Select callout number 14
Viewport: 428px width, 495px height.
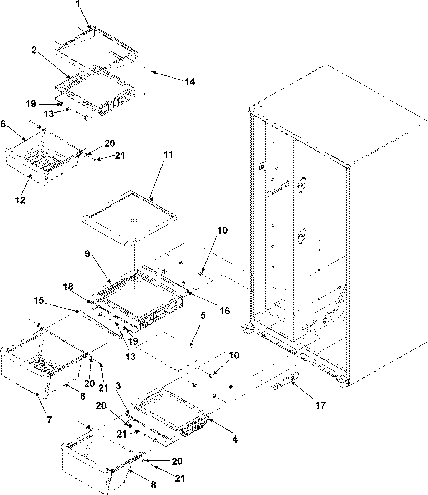tap(190, 82)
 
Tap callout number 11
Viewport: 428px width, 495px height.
tap(168, 155)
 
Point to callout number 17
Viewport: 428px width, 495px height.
tap(320, 405)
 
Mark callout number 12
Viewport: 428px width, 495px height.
tap(20, 200)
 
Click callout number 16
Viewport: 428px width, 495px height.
tap(225, 310)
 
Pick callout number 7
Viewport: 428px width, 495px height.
tap(49, 420)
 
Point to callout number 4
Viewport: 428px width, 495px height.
tap(235, 440)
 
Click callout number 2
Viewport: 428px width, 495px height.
tap(34, 51)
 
